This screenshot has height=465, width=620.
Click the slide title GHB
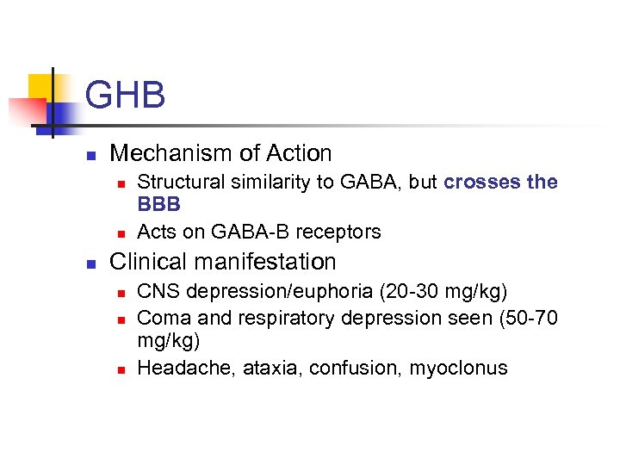coord(125,95)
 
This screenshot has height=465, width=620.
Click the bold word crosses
coord(483,183)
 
